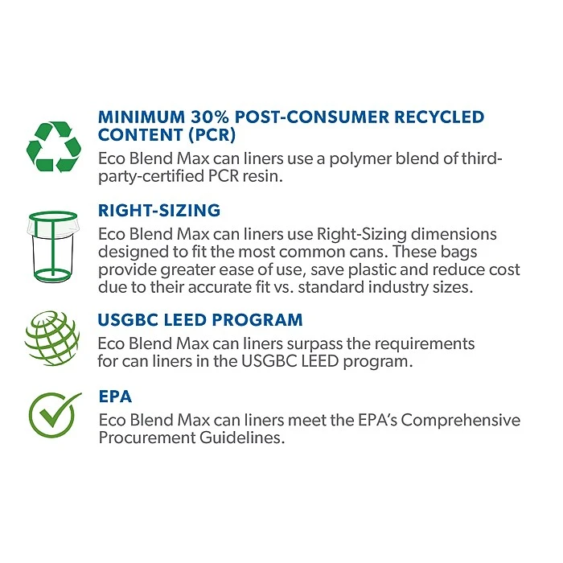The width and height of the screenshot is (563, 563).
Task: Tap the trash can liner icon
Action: [x=54, y=247]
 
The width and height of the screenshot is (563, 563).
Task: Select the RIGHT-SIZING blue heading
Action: [x=159, y=211]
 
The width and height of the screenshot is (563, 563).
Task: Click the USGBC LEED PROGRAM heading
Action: [x=200, y=320]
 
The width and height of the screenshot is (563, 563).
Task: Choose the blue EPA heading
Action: [x=115, y=397]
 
